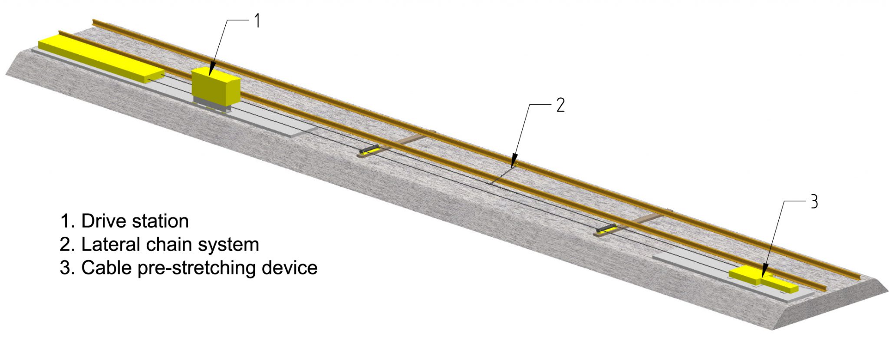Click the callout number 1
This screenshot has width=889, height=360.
click(x=257, y=21)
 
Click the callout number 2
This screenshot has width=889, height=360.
click(x=560, y=105)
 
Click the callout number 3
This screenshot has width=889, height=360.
click(x=814, y=202)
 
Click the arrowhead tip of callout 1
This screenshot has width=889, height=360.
click(x=210, y=77)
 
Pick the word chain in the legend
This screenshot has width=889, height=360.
click(x=168, y=244)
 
